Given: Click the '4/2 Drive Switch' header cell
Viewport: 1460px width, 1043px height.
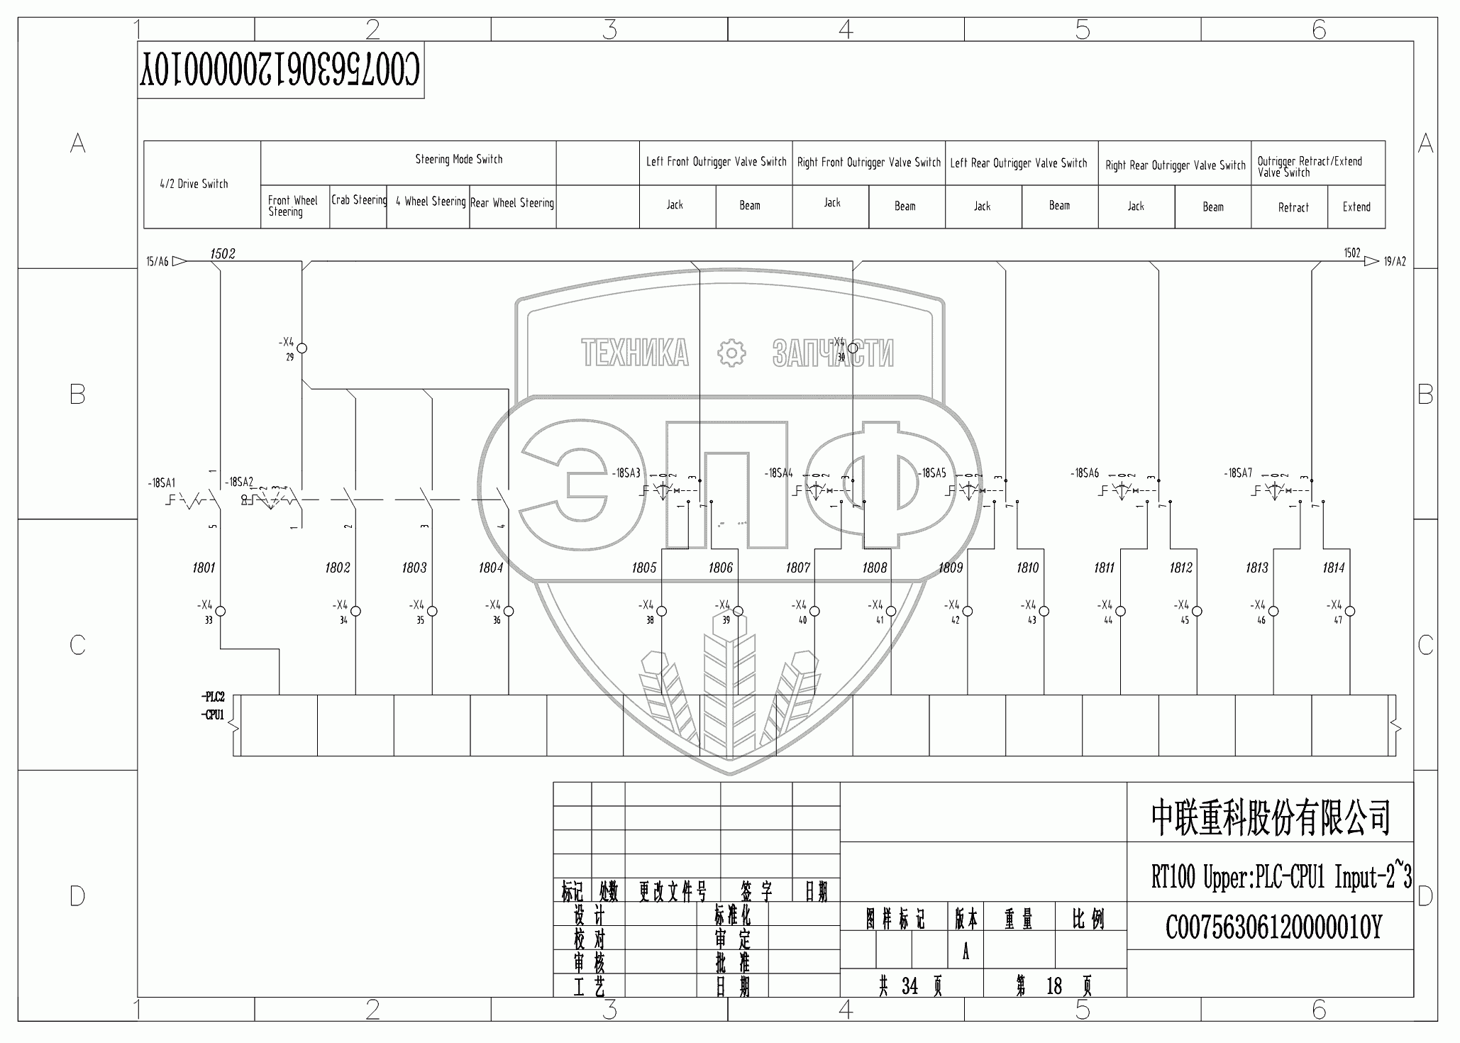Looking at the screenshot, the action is pyautogui.click(x=194, y=184).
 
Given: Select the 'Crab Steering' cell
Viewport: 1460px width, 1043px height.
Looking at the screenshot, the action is pyautogui.click(x=359, y=200).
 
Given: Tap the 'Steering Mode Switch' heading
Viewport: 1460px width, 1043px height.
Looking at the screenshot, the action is pyautogui.click(x=458, y=160).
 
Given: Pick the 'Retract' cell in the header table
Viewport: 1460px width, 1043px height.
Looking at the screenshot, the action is pyautogui.click(x=1293, y=208).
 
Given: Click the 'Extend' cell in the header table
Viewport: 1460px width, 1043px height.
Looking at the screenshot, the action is pyautogui.click(x=1356, y=207).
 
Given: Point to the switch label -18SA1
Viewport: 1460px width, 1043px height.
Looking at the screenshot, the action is pyautogui.click(x=161, y=483).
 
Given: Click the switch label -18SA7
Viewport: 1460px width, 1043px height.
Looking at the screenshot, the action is pyautogui.click(x=1238, y=473).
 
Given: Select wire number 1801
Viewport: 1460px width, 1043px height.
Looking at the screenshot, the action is pyautogui.click(x=204, y=568).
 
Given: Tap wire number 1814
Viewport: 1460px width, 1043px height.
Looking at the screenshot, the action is pyautogui.click(x=1333, y=568).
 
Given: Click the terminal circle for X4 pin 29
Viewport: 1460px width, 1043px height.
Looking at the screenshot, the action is pyautogui.click(x=302, y=348).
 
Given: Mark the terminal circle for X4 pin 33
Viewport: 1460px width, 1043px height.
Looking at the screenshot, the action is pyautogui.click(x=220, y=611).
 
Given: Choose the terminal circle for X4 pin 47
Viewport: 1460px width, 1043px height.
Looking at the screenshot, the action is pyautogui.click(x=1350, y=611).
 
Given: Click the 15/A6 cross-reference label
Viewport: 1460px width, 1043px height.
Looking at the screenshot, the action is pyautogui.click(x=157, y=262).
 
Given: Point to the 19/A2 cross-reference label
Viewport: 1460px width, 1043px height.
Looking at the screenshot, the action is pyautogui.click(x=1394, y=262).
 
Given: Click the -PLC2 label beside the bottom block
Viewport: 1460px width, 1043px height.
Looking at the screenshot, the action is pyautogui.click(x=213, y=697).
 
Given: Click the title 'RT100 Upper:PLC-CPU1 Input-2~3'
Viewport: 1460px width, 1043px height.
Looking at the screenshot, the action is pyautogui.click(x=1280, y=878).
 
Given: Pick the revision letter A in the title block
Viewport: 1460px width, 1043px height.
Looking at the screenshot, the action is pyautogui.click(x=966, y=953).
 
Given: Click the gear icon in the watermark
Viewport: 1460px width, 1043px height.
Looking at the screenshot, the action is pyautogui.click(x=731, y=353).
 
